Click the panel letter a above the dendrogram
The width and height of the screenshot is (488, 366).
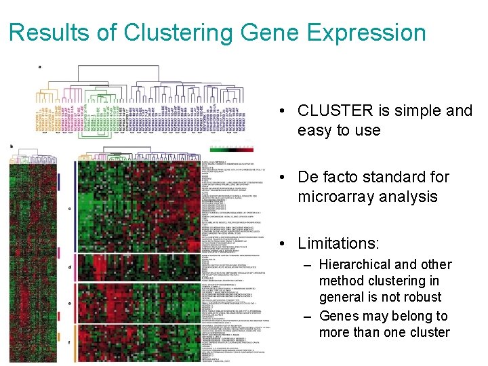pos(40,66)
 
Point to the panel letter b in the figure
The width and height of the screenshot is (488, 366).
pos(11,145)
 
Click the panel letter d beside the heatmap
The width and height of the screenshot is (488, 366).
pos(70,267)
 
